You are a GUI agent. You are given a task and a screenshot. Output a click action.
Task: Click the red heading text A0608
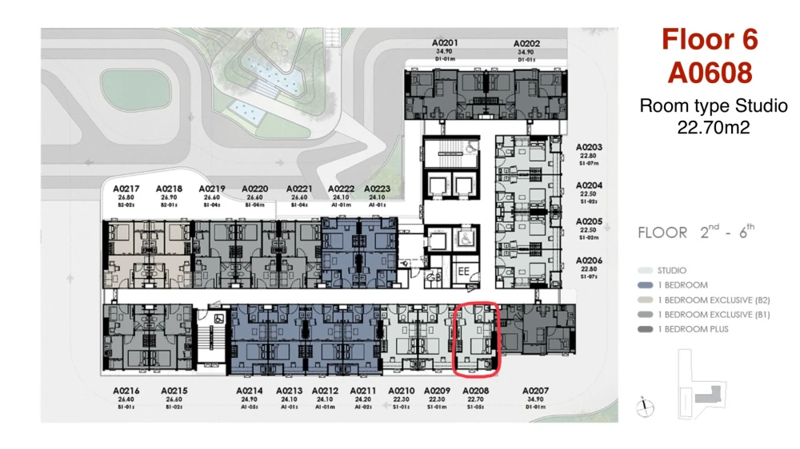tap(710, 72)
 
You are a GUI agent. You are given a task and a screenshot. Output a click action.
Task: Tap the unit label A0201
tap(445, 43)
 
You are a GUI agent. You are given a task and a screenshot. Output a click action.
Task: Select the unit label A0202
tap(526, 43)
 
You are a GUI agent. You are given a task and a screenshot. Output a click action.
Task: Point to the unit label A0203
tap(589, 148)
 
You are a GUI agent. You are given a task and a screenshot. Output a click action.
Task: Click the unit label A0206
tap(589, 261)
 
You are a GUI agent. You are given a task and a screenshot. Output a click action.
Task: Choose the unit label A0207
tap(537, 391)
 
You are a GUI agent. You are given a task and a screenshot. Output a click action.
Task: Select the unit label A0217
tap(126, 189)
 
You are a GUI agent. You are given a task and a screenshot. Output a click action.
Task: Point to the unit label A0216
tap(126, 391)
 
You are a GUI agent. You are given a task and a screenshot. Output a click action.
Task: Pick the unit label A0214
tap(250, 391)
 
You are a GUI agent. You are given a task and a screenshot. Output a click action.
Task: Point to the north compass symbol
tap(642, 408)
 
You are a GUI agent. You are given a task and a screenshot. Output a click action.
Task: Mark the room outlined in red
tap(477, 338)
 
